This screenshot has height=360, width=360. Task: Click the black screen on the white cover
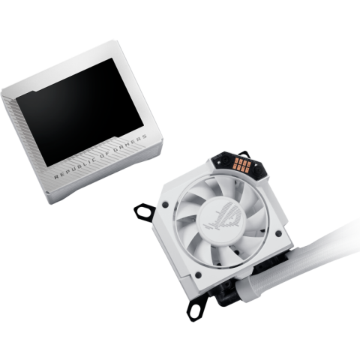coord(80,112)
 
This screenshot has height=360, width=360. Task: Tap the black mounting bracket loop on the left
coord(145,212)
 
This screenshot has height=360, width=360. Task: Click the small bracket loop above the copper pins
coord(244,153)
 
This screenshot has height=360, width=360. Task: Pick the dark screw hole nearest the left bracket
coord(164,205)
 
